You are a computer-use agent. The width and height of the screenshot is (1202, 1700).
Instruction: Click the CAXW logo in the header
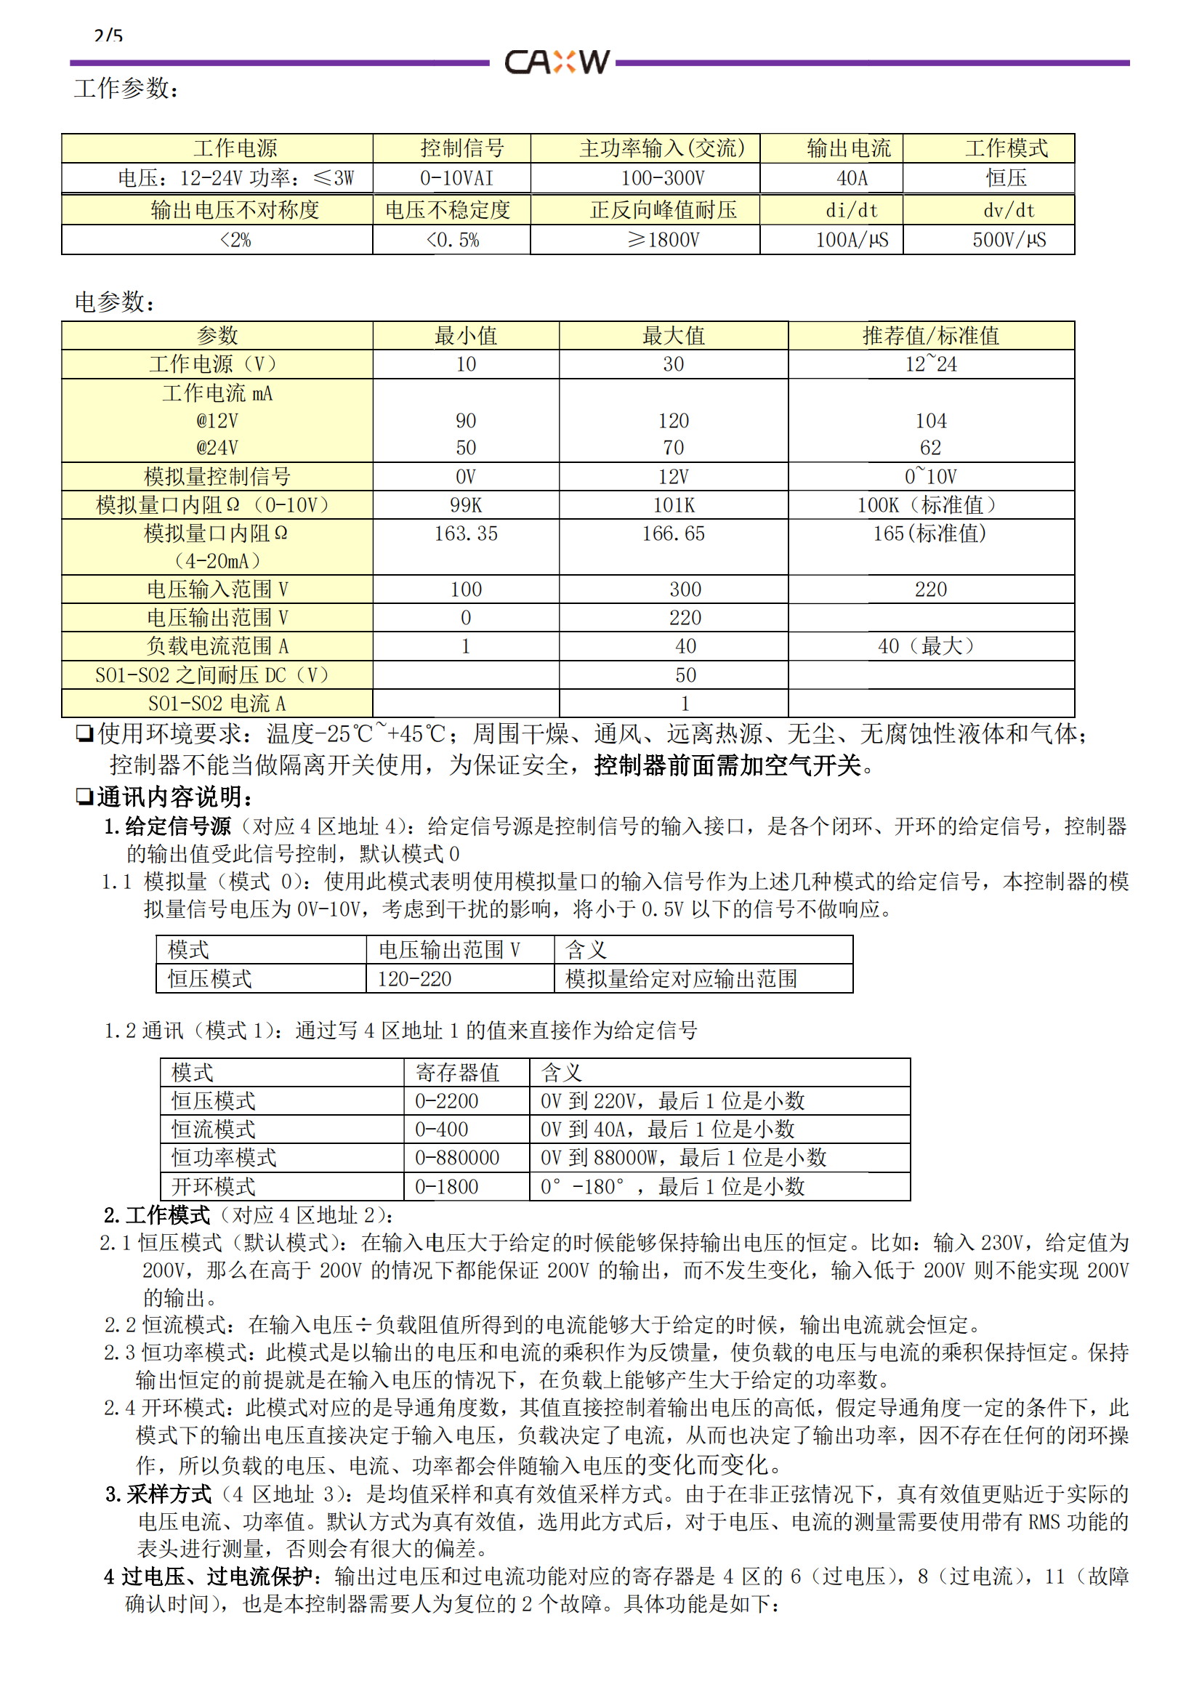557,63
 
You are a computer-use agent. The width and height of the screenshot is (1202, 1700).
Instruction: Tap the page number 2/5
108,35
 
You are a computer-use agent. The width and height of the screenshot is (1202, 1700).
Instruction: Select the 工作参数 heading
126,89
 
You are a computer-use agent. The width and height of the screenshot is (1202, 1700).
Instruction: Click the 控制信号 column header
462,148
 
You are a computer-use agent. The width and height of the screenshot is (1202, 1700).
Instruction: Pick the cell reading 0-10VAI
456,179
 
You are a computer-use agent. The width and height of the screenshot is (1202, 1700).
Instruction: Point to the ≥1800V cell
663,240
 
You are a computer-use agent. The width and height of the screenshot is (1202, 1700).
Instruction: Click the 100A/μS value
851,240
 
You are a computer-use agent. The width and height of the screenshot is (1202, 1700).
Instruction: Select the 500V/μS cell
1009,240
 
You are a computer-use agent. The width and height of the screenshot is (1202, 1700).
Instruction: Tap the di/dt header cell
851,210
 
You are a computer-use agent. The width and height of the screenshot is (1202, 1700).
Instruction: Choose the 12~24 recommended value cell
930,364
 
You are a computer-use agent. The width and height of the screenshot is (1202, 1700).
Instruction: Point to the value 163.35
466,534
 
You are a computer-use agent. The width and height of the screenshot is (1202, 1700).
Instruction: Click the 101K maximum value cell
673,506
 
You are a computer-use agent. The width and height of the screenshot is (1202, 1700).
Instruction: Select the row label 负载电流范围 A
217,646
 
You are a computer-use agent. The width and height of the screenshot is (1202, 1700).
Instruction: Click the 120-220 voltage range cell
414,979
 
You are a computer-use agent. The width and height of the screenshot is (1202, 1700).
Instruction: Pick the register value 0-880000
456,1158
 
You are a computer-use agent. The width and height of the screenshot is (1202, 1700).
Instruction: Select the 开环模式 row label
213,1187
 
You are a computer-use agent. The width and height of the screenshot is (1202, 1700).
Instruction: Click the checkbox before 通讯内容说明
85,797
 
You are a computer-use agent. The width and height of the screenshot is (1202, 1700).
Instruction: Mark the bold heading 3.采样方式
158,1494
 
